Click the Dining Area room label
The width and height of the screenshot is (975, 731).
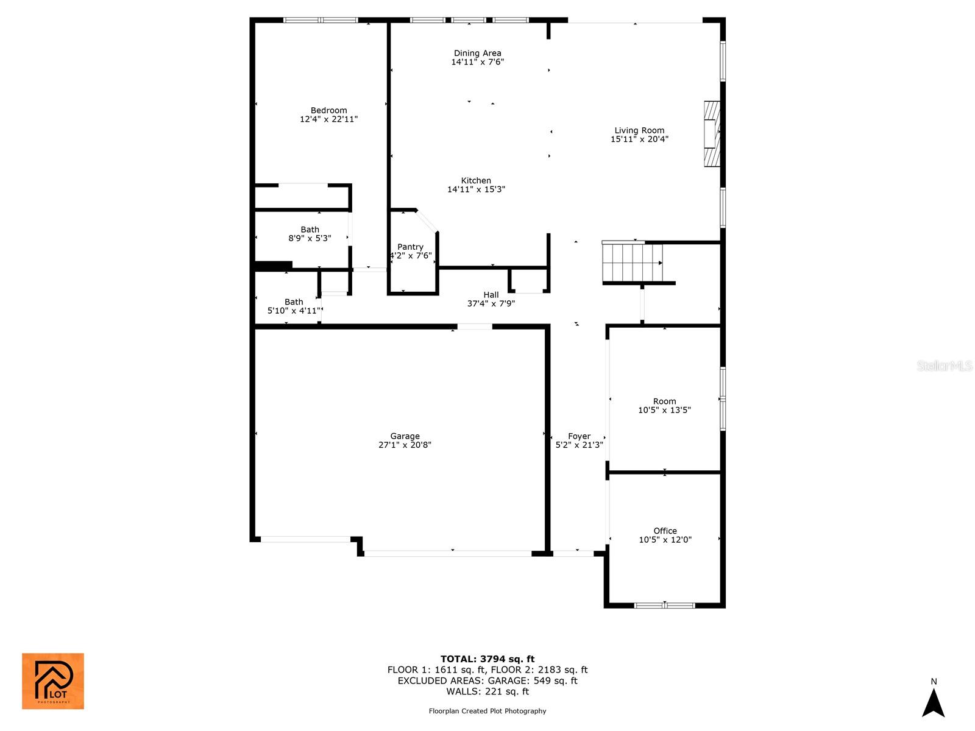coord(477,53)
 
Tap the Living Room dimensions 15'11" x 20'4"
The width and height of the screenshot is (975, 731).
coord(639,139)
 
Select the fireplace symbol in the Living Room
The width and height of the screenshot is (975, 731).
coord(711,134)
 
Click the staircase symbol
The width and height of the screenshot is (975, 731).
coord(633,263)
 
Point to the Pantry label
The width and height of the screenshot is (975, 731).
coord(410,247)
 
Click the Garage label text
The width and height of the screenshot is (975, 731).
coord(405,436)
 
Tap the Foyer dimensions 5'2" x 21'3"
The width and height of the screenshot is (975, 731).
coord(579,445)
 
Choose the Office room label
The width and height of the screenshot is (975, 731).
coord(665,531)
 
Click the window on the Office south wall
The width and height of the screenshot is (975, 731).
coord(664,606)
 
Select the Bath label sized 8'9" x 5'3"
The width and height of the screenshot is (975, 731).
coord(310,230)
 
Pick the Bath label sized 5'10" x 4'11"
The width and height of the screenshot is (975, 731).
coord(294,302)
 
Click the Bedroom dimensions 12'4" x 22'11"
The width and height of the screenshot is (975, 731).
coord(328,119)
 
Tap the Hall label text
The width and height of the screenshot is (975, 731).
coord(491,295)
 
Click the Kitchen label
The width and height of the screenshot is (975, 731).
coord(476,180)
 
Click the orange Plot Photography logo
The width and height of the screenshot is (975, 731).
coord(53,681)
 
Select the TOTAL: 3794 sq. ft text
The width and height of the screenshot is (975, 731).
coord(487,659)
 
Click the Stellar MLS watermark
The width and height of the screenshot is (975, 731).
coord(945,365)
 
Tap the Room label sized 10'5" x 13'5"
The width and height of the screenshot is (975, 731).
coord(664,401)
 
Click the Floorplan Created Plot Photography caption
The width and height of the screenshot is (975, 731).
coord(487,711)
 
